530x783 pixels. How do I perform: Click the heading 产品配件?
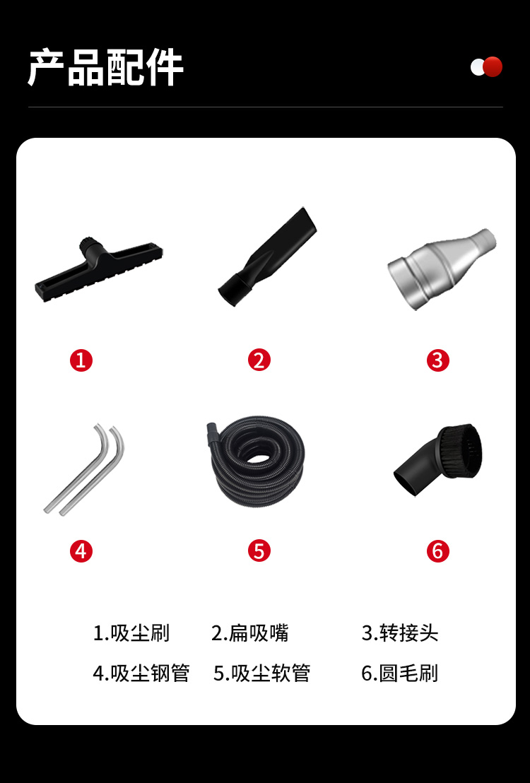tap(106, 67)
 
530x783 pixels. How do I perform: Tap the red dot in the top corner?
tap(493, 67)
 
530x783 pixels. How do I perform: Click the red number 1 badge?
tap(81, 360)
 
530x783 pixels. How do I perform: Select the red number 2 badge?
tap(259, 360)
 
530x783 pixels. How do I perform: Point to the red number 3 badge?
tap(437, 360)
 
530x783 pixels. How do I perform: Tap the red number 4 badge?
tap(81, 551)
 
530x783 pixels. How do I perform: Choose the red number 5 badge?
tap(259, 551)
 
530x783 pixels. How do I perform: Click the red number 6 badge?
tap(437, 551)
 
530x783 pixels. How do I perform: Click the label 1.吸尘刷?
tap(131, 633)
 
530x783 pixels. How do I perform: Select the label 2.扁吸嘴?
tap(249, 633)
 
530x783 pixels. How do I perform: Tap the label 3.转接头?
tap(400, 633)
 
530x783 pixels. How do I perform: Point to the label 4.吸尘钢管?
tap(141, 673)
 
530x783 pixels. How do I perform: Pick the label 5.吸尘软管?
tap(261, 673)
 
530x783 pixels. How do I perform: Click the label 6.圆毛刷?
tap(400, 673)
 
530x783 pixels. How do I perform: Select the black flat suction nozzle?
tap(268, 257)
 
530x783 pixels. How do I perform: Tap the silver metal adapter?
tap(442, 268)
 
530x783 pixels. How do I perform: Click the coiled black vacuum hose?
tap(255, 461)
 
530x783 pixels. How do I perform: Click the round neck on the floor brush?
tap(90, 246)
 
